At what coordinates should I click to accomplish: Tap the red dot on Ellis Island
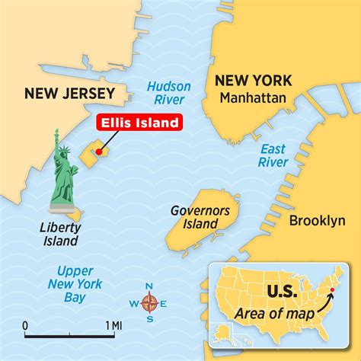click(98, 152)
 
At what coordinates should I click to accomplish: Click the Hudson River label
click(168, 94)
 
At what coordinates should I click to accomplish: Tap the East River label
click(272, 155)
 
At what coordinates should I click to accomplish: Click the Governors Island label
click(194, 217)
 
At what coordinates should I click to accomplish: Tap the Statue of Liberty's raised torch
click(55, 134)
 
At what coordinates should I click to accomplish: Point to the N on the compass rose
click(150, 286)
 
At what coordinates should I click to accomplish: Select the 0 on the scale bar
click(25, 327)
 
